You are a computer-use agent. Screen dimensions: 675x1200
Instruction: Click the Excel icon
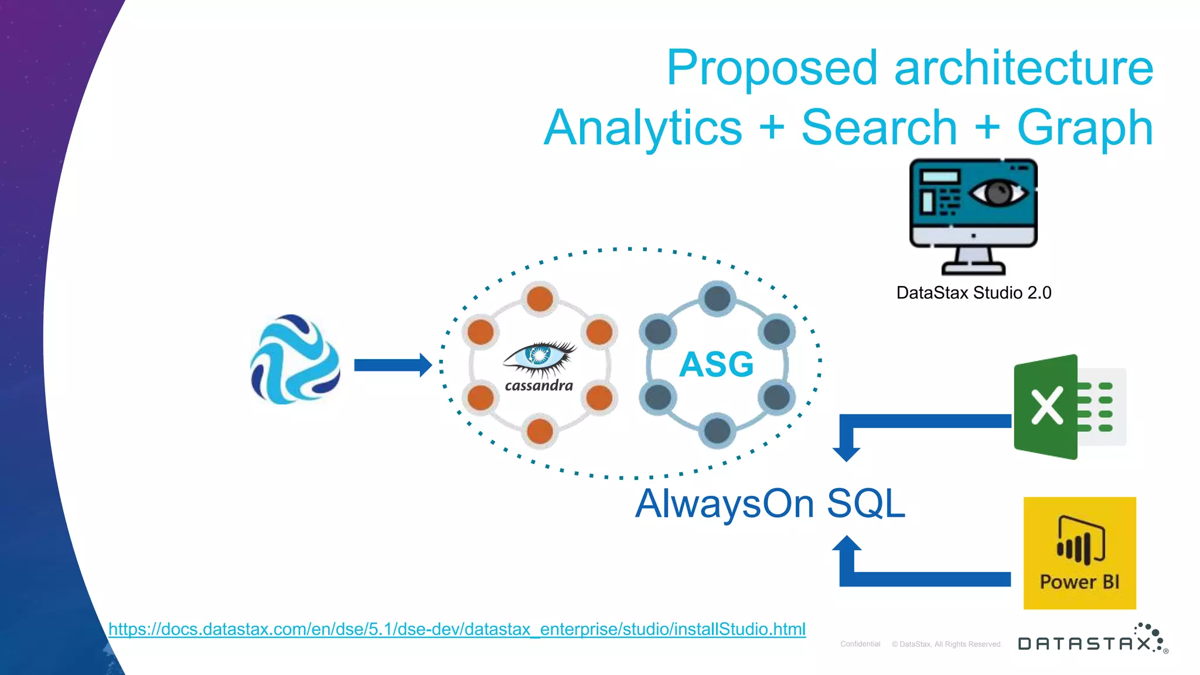[1069, 407]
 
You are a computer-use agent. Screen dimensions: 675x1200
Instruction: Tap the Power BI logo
[1079, 553]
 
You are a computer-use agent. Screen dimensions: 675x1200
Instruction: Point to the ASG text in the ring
[716, 364]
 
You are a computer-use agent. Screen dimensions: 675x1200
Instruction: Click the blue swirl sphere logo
[295, 360]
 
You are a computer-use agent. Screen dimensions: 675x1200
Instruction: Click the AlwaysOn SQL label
[770, 504]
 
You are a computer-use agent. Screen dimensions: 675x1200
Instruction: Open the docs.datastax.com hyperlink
[457, 629]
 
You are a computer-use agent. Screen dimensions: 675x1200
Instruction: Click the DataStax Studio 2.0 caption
[973, 292]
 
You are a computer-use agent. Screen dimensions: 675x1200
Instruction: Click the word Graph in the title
[1085, 128]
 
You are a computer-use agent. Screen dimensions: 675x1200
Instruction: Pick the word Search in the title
[879, 128]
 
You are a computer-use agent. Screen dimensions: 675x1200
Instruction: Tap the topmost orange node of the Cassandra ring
[540, 298]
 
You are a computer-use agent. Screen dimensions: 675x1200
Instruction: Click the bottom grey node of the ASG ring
[717, 431]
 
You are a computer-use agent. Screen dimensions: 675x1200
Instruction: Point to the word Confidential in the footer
[860, 644]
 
